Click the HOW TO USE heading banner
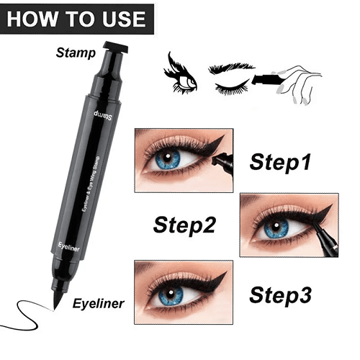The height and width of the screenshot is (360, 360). click(x=77, y=19)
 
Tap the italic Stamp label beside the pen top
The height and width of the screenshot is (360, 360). click(x=76, y=53)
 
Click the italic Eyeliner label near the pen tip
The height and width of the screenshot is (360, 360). click(x=99, y=304)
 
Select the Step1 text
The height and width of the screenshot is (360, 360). click(x=280, y=163)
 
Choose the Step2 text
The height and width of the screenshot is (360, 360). click(x=184, y=225)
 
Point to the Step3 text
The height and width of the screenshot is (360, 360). click(x=280, y=296)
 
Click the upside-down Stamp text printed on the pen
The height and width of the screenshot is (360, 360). click(x=103, y=116)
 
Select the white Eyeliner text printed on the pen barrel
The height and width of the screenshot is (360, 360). click(x=68, y=247)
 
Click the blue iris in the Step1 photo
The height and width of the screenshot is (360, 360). click(x=168, y=158)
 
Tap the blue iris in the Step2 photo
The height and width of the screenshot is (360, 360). click(x=276, y=228)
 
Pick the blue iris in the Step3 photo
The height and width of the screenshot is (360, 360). click(x=171, y=294)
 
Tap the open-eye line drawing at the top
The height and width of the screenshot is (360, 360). click(x=181, y=73)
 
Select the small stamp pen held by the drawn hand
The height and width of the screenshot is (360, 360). click(x=266, y=79)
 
